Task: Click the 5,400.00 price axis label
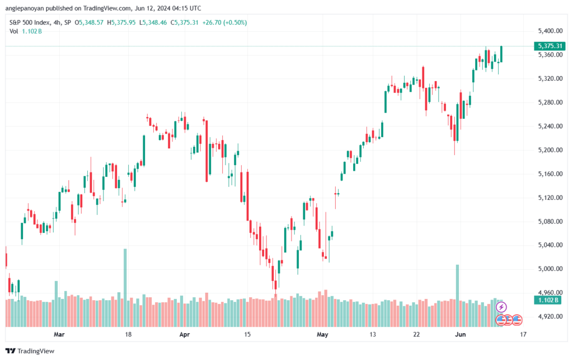pos(550,31)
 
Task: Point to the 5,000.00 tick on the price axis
pos(550,269)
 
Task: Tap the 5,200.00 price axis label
pos(550,150)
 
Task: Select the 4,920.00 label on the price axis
pos(550,316)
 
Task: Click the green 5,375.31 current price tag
pos(549,46)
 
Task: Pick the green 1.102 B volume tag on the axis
pos(548,300)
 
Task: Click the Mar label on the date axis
pos(59,334)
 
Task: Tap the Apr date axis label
pos(185,334)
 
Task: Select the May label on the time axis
pos(322,334)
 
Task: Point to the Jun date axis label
pos(461,334)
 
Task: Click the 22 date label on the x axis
pos(416,334)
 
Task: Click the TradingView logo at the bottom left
pos(30,351)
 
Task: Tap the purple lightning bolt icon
pos(501,307)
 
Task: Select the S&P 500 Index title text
pos(30,22)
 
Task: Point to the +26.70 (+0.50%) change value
pos(224,22)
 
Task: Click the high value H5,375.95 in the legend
pos(121,22)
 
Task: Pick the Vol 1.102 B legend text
pos(26,31)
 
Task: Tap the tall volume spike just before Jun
pos(457,296)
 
